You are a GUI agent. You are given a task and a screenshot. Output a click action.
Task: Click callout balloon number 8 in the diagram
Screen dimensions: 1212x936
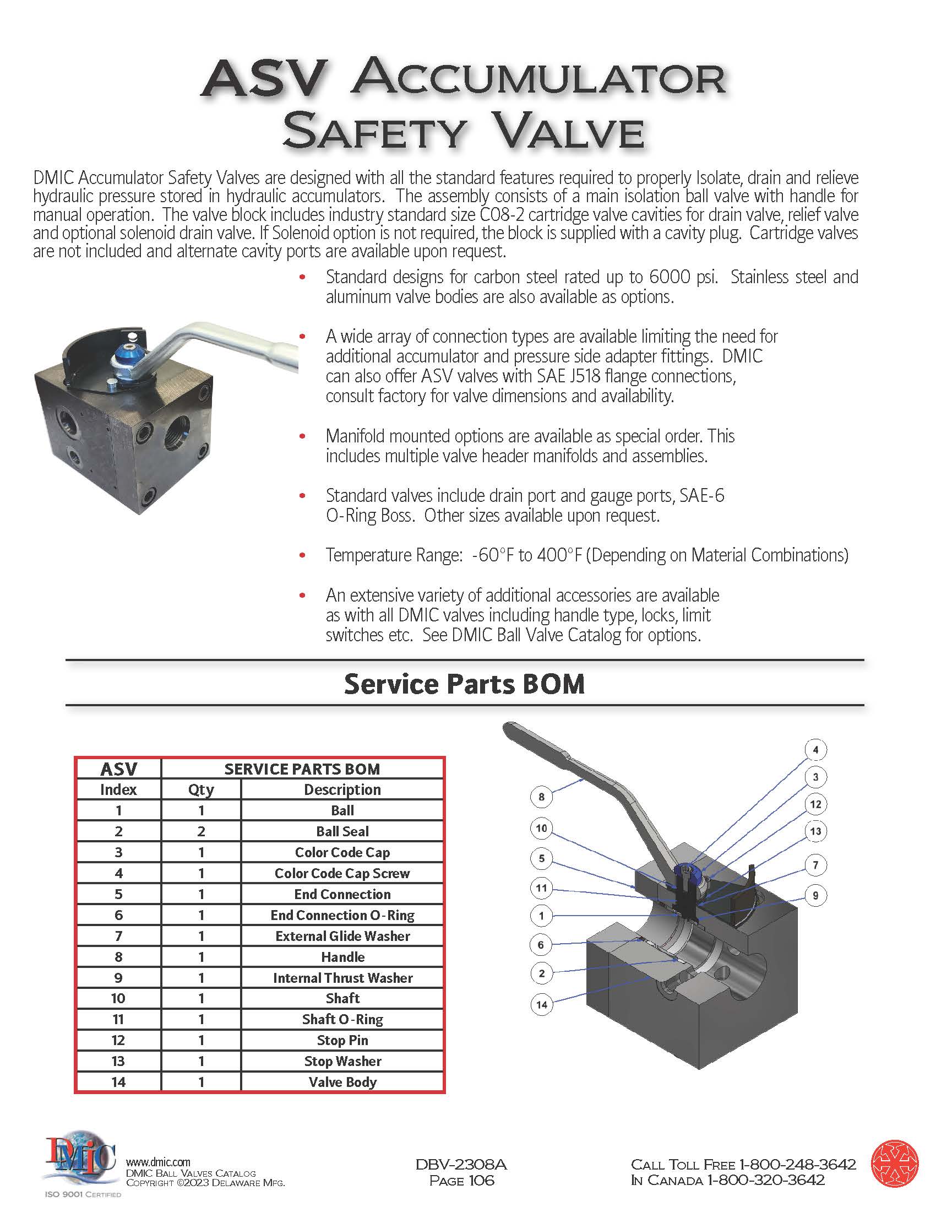(x=542, y=798)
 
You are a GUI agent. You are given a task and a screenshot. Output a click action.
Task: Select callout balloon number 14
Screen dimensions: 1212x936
(x=542, y=1004)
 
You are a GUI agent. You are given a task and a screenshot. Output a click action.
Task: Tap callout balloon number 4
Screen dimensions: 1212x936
(x=815, y=750)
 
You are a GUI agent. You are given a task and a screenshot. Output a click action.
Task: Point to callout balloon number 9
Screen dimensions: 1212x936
(x=815, y=895)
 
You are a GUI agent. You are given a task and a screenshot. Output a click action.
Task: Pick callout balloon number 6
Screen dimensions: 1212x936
(x=542, y=944)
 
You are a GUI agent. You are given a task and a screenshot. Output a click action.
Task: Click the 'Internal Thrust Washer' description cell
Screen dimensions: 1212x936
(x=342, y=978)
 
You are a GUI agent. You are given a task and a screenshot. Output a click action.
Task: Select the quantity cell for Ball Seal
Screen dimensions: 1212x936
(x=202, y=831)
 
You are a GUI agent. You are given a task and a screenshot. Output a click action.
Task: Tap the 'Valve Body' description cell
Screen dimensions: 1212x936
(x=342, y=1082)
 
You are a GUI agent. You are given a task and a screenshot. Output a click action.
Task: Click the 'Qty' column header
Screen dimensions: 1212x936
(x=202, y=789)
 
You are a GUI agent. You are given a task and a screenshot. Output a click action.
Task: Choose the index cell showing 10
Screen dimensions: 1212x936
(x=118, y=998)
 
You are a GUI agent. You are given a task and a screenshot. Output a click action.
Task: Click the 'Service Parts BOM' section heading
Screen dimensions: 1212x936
(x=464, y=684)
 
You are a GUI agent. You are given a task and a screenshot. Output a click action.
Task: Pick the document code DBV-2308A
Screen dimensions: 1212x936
(x=461, y=1164)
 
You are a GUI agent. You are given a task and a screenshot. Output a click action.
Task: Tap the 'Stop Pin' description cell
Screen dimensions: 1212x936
(x=342, y=1041)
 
